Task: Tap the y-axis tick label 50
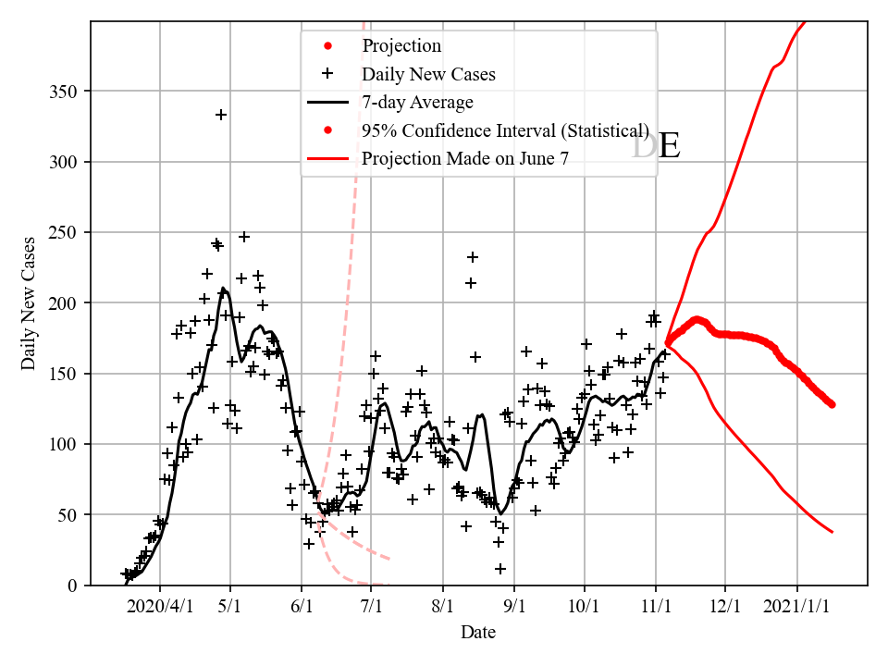pyautogui.click(x=68, y=515)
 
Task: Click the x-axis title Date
pyautogui.click(x=478, y=633)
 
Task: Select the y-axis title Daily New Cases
pyautogui.click(x=30, y=303)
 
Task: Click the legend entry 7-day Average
pyautogui.click(x=417, y=102)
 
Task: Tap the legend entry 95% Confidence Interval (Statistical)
pyautogui.click(x=505, y=130)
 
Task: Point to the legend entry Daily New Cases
pyautogui.click(x=428, y=74)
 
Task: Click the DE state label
pyautogui.click(x=656, y=147)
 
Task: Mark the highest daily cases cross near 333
pyautogui.click(x=221, y=115)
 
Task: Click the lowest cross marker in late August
pyautogui.click(x=500, y=569)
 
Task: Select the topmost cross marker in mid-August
pyautogui.click(x=473, y=257)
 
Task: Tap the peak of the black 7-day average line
pyautogui.click(x=222, y=289)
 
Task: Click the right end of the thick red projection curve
pyautogui.click(x=832, y=404)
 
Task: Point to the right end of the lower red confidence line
pyautogui.click(x=832, y=532)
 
